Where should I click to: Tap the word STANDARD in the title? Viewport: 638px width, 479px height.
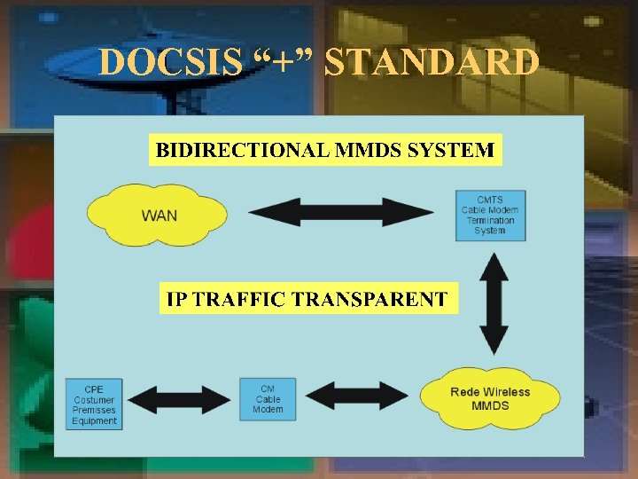tap(432, 63)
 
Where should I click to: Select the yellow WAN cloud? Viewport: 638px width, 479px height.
tap(157, 215)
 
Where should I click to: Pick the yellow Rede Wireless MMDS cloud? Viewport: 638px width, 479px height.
tap(490, 398)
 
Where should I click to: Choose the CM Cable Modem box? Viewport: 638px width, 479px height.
tap(268, 398)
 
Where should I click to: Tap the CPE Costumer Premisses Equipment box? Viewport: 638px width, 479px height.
tap(94, 404)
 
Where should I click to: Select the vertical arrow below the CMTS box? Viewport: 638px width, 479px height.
tap(494, 302)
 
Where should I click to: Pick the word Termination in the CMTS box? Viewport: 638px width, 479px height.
tap(490, 220)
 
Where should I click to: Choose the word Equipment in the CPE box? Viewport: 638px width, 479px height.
tap(94, 421)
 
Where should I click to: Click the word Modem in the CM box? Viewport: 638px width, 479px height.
tap(268, 409)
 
